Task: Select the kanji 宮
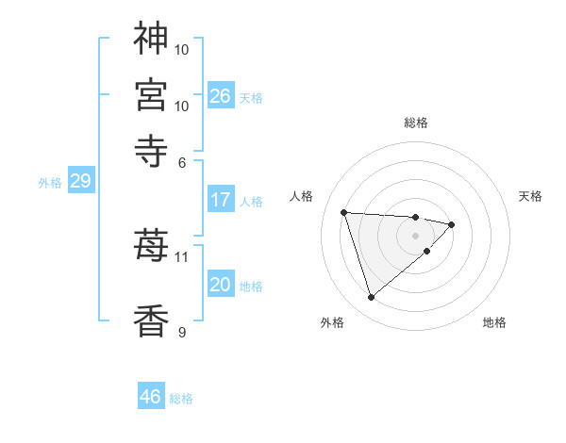[x=151, y=95]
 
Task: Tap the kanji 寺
[x=151, y=151]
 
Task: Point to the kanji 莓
[x=151, y=246]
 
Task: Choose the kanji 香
[x=151, y=320]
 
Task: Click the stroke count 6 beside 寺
[x=182, y=162]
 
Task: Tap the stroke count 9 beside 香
[x=182, y=332]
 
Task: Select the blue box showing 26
[x=221, y=96]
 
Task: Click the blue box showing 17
[x=221, y=200]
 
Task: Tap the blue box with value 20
[x=221, y=285]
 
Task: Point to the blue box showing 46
[x=151, y=397]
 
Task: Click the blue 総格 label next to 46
[x=181, y=399]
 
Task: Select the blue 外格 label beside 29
[x=49, y=183]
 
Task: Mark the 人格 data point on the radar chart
[x=344, y=212]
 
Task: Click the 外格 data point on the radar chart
[x=371, y=298]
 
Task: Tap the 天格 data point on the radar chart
[x=452, y=224]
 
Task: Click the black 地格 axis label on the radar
[x=494, y=323]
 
